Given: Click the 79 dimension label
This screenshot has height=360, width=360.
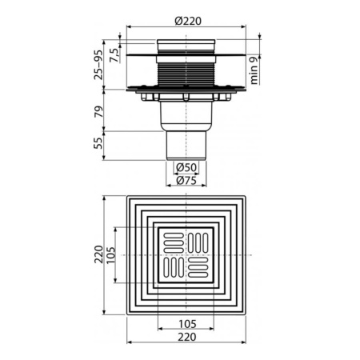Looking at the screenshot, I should [98, 113].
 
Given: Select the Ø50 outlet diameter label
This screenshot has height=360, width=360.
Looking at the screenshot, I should [186, 168].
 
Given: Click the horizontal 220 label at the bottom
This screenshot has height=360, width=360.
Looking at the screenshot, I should [186, 338].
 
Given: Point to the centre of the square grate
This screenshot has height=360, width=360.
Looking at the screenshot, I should [186, 254].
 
